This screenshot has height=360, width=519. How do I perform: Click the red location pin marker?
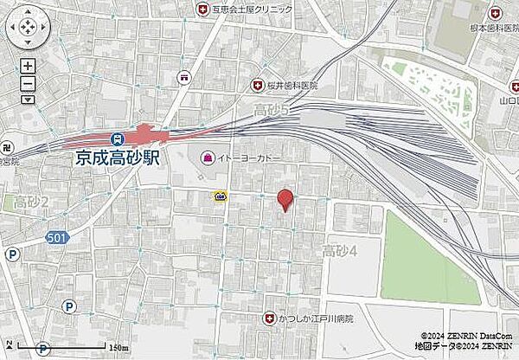pos(285,199)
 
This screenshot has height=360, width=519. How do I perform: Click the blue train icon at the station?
pos(116,138)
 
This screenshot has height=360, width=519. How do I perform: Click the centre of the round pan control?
pos(28,29)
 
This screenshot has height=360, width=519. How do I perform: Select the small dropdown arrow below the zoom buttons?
pos(28,100)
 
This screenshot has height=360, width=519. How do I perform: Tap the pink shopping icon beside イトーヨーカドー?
pos(207,157)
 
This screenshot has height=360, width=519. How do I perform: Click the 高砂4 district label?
pos(340,252)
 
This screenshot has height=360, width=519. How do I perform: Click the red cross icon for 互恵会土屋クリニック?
pos(203,10)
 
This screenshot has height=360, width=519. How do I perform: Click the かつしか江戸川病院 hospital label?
pos(317,318)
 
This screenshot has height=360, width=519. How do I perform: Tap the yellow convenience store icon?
pos(221,196)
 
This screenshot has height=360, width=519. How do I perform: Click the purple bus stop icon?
pos(184,77)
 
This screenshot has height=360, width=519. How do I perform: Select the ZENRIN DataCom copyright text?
pos(468,336)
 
